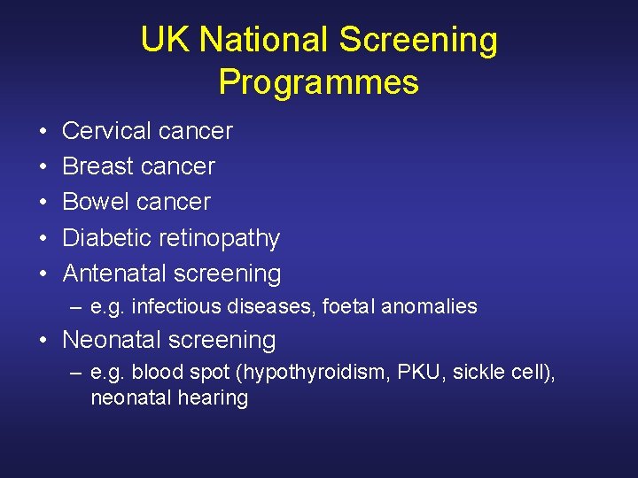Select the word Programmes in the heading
tap(319, 82)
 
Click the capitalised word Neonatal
tap(113, 340)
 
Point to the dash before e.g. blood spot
tap(77, 374)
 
